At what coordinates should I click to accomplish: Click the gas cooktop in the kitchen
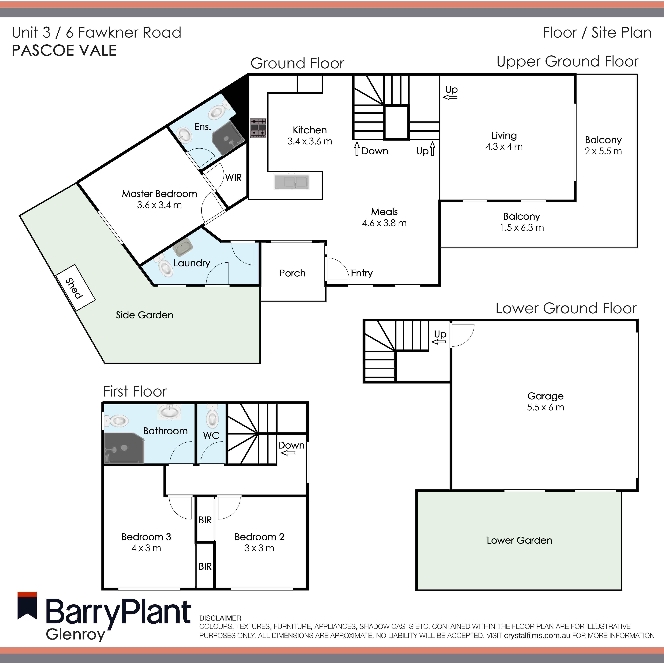[x=258, y=128]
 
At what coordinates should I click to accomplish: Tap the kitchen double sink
[x=291, y=182]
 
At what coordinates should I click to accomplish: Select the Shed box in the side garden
[x=75, y=288]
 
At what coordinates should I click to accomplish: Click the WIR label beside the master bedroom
[x=233, y=178]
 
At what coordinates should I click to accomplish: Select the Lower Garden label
[x=519, y=540]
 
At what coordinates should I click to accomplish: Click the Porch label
[x=292, y=273]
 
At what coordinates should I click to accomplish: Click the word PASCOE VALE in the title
[x=64, y=51]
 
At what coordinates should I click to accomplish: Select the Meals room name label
[x=384, y=212]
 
